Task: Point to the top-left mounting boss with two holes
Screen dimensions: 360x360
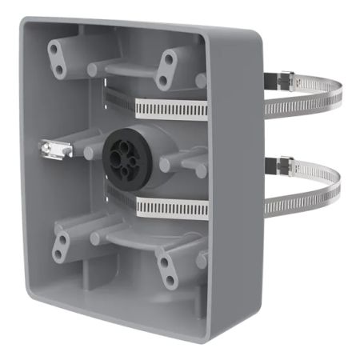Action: [58, 56]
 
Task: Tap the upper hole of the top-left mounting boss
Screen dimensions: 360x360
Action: [54, 49]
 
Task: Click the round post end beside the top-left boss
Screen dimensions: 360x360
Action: [93, 70]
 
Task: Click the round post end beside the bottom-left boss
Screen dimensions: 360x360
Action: [95, 238]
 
